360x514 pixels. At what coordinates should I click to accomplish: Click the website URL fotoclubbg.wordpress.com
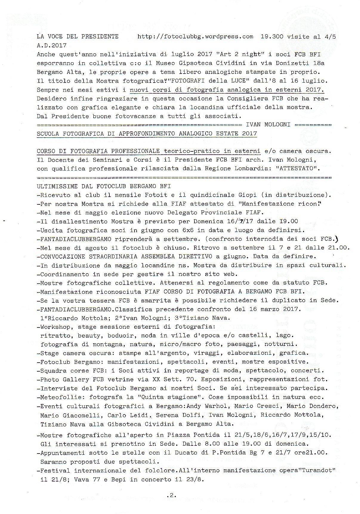click(x=195, y=37)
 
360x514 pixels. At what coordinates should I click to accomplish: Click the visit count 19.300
click(x=272, y=37)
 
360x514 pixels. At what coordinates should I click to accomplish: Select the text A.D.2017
click(x=52, y=46)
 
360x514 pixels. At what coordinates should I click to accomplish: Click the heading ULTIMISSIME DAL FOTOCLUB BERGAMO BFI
click(x=104, y=186)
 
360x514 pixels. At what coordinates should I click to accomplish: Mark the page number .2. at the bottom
click(x=172, y=496)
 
